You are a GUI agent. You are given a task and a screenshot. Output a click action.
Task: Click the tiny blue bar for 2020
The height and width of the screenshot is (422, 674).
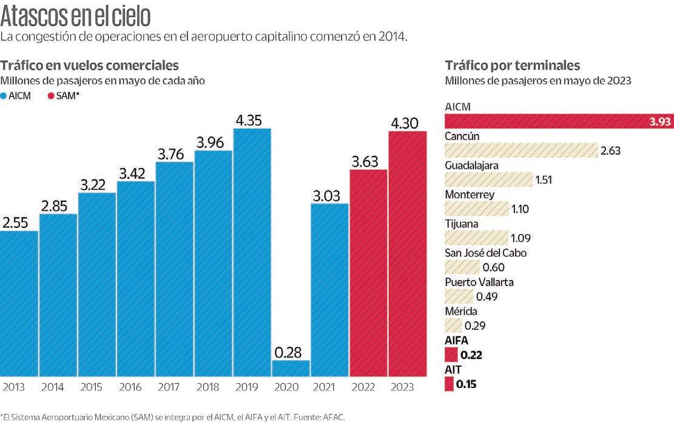pos(291,369)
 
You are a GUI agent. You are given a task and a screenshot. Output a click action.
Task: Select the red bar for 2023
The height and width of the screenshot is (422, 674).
pos(408,255)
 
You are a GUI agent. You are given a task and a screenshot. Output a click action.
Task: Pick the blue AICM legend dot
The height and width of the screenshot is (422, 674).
pos(4,96)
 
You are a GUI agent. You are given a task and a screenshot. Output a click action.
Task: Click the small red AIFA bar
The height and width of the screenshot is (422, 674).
pos(450,355)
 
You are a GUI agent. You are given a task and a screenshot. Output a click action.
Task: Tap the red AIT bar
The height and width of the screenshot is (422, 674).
pos(448,384)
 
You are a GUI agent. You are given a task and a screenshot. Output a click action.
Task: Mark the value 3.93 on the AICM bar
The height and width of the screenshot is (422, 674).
pos(659,122)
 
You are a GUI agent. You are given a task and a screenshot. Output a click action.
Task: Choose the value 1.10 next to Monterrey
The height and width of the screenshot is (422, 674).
pos(521,209)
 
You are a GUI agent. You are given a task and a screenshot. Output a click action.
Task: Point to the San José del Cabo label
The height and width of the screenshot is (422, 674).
pos(485,253)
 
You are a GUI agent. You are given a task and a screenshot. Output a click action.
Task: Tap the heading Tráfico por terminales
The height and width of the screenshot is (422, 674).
pos(513,65)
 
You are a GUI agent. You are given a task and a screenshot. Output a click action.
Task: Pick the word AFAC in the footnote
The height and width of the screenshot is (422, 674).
pos(334,417)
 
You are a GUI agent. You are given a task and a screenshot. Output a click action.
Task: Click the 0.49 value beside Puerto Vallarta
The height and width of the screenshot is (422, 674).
pos(487,296)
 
